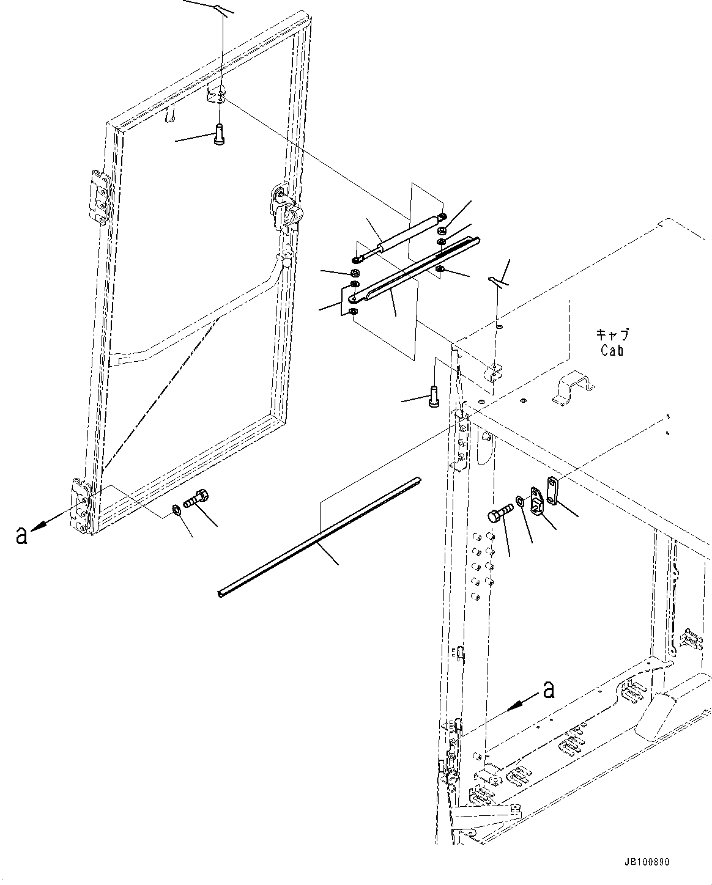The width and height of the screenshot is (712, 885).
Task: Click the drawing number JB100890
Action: pos(647,862)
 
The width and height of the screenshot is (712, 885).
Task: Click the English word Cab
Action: pos(612,351)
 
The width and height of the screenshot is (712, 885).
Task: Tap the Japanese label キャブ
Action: pos(612,335)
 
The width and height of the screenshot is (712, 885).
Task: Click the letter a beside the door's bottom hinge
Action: pos(21,536)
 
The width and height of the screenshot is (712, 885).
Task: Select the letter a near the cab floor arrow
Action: pos(549,689)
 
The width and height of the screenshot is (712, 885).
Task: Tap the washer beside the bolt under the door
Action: pos(176,509)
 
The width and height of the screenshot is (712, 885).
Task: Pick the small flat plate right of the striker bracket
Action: pos(553,491)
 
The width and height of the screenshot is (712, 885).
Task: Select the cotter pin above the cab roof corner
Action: pos(497,281)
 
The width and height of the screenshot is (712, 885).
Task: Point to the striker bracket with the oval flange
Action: pos(536,501)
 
